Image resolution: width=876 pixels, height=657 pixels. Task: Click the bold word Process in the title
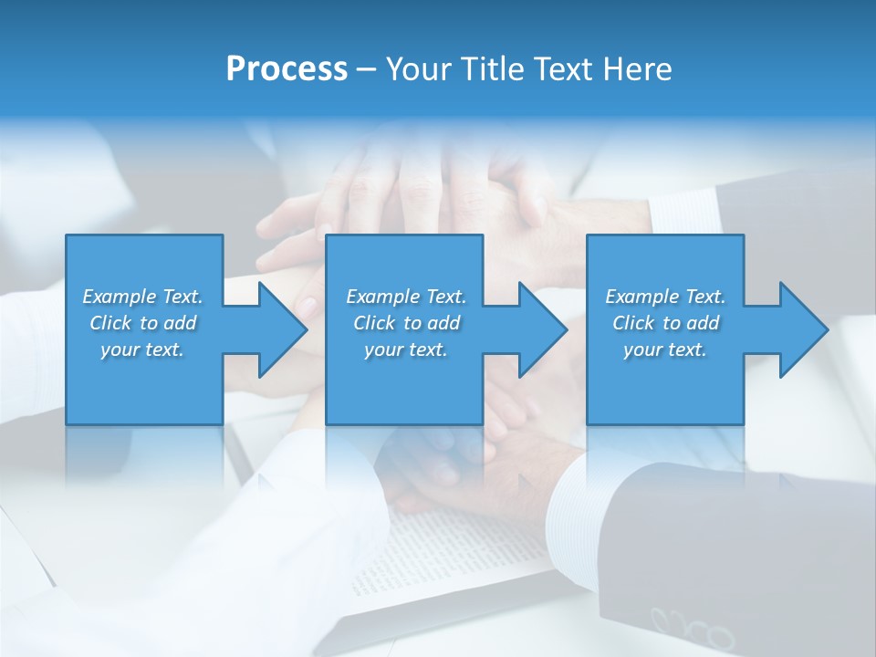[x=287, y=69]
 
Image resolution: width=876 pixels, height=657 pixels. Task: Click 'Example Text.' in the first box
[x=142, y=297]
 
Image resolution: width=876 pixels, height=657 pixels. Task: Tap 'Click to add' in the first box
[x=142, y=323]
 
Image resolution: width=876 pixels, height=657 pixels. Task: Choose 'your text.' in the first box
[x=142, y=349]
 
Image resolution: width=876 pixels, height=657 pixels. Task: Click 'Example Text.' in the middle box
[x=405, y=297]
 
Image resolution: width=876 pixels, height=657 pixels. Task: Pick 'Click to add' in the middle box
[x=405, y=323]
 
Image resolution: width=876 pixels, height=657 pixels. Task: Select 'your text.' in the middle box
[x=405, y=349]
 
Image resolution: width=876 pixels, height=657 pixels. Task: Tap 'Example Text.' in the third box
[x=665, y=297]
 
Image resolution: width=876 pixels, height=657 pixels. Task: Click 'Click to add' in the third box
[x=665, y=323]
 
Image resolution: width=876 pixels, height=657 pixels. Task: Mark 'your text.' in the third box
[x=665, y=349]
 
